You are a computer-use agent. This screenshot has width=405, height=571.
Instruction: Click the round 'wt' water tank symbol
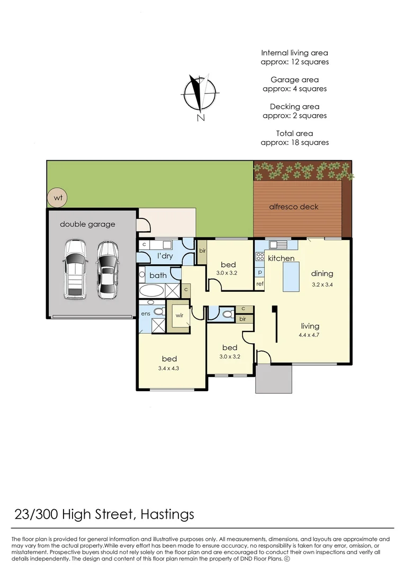coord(57,198)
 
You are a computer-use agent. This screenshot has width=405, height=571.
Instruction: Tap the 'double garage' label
coord(87,224)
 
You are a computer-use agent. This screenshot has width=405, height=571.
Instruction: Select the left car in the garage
coord(75,269)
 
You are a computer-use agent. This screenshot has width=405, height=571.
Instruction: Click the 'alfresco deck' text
coord(294,207)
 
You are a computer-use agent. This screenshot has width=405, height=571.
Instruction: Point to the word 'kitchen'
coord(281,259)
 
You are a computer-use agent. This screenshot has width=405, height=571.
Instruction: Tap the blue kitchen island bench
coord(292,276)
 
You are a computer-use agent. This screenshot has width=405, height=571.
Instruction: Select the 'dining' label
coord(322,273)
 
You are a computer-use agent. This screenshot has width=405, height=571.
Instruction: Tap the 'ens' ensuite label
coord(146,314)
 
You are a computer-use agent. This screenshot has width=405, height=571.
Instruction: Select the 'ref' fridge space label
coord(260,284)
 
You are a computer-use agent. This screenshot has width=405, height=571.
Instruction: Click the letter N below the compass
coord(201,118)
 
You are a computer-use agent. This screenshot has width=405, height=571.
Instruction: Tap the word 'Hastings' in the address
coord(168,513)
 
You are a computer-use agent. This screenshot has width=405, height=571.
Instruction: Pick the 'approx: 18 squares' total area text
coord(294,142)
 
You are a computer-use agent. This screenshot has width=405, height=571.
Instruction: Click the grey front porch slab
coord(274,379)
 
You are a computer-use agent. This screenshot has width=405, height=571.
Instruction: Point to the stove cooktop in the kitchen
coord(260,257)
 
